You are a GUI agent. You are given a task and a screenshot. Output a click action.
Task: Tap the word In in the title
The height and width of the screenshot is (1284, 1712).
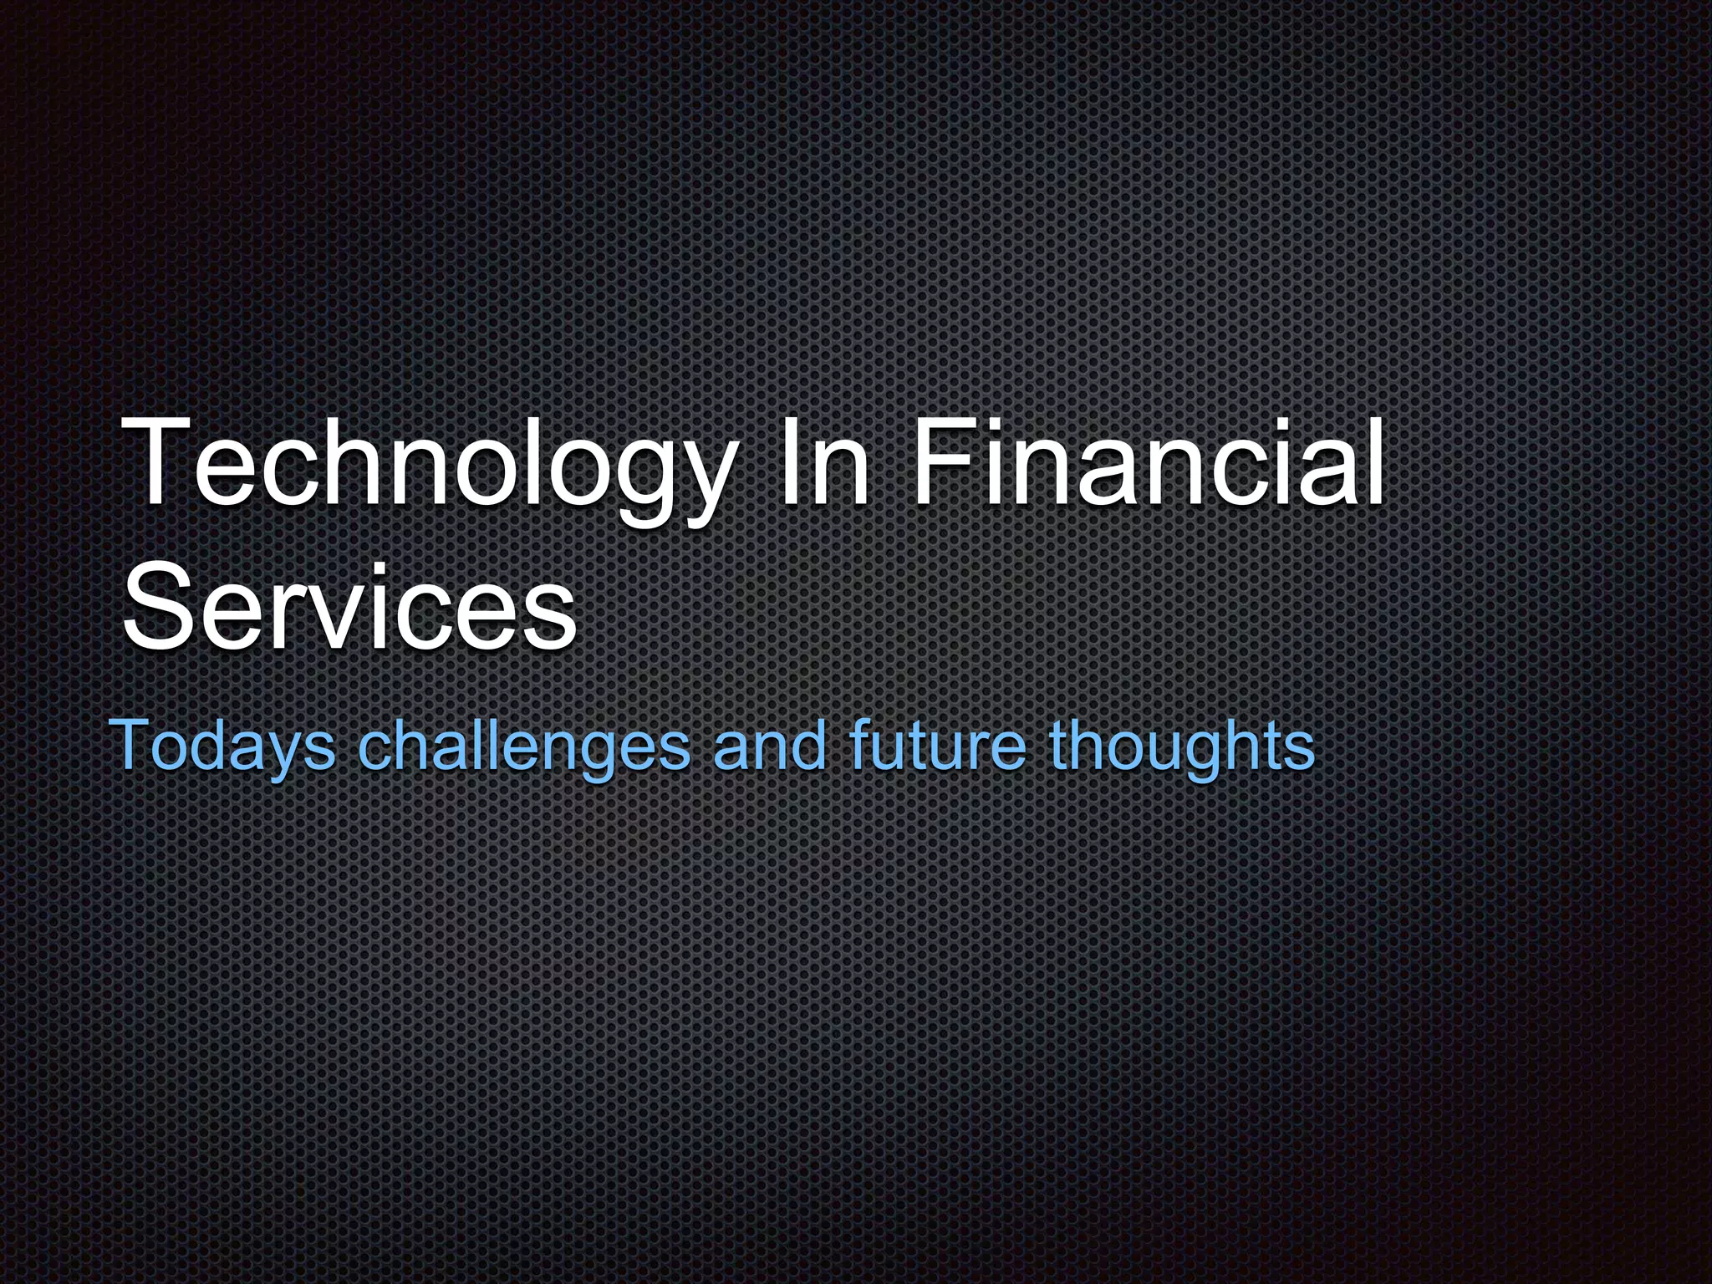[824, 464]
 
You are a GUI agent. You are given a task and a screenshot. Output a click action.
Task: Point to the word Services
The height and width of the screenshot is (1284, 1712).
[349, 604]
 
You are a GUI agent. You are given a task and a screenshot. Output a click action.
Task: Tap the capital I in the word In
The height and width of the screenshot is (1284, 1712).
[787, 464]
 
